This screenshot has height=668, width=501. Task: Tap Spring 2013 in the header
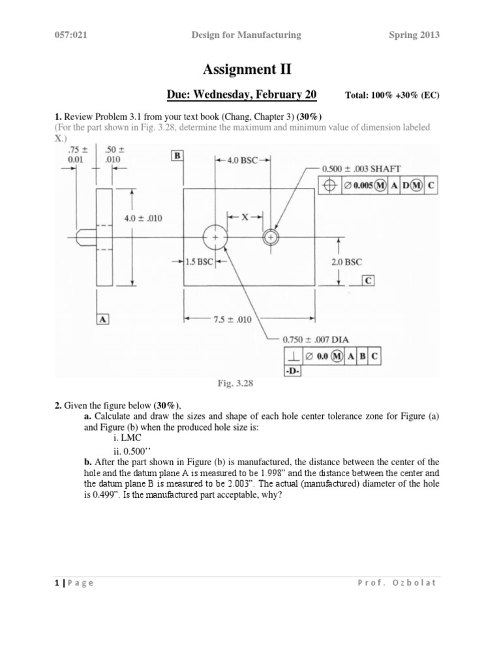(413, 35)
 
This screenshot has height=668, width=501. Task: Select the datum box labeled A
(103, 318)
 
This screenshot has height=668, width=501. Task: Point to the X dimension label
(245, 217)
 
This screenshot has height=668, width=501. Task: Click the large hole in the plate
(215, 238)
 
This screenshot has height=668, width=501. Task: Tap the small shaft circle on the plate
(269, 238)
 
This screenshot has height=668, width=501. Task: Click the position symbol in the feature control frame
(331, 185)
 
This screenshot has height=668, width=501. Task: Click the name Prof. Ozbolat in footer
(400, 583)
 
